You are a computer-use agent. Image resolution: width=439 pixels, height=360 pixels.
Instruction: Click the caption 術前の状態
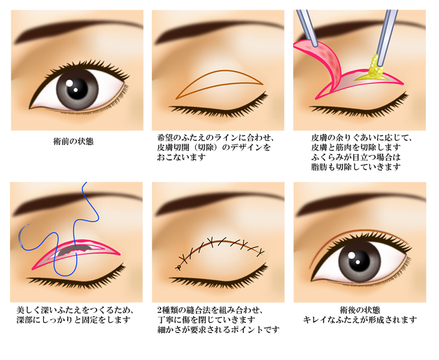[x=73, y=141]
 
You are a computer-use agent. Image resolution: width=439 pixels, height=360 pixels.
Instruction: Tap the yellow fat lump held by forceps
[x=375, y=70]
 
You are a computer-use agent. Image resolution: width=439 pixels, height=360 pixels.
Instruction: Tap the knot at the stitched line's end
[x=178, y=268]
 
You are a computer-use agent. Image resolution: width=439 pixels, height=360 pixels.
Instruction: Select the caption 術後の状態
[x=360, y=310]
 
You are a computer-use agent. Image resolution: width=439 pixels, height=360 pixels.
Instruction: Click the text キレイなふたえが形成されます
[x=360, y=320]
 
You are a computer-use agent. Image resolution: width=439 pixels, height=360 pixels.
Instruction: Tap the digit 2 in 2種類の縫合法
[x=159, y=310]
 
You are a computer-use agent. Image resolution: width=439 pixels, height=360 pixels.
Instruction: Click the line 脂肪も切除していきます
[x=356, y=167]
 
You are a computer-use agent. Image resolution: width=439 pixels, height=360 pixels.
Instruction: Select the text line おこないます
[x=181, y=157]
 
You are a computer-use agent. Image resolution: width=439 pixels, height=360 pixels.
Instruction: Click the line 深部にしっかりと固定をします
[x=73, y=320]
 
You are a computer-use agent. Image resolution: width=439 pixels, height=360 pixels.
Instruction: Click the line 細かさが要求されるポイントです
[x=218, y=329]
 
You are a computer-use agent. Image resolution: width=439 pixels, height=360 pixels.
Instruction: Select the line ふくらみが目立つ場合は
[x=356, y=157]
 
